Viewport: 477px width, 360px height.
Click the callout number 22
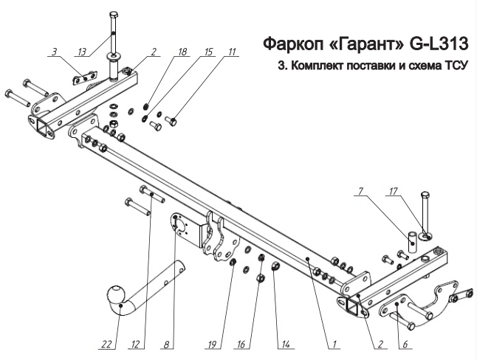[108, 343]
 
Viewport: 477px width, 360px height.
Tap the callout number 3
[54, 52]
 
